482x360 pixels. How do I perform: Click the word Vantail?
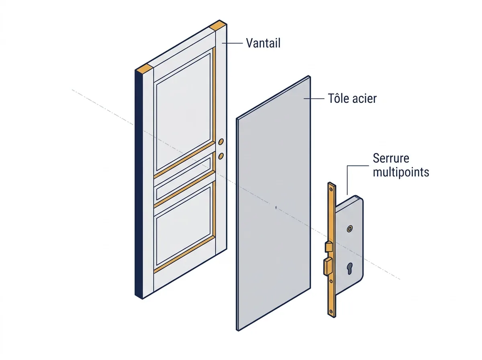click(263, 43)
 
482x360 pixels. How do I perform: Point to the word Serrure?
click(391, 158)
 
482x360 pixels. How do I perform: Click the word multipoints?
click(401, 172)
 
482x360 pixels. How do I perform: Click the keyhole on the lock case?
click(349, 268)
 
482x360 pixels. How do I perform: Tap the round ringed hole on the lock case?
click(349, 229)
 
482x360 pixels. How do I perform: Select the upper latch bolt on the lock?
click(329, 246)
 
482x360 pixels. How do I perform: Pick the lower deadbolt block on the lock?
click(328, 266)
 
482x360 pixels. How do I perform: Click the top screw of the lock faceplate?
click(331, 189)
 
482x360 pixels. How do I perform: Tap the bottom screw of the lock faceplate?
click(331, 311)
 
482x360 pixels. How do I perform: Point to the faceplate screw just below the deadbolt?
click(331, 281)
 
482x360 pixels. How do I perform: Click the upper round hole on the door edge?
click(221, 142)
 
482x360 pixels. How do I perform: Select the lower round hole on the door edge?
click(221, 156)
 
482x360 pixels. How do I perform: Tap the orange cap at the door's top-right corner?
click(218, 25)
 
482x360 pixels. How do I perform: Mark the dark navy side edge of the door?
click(139, 184)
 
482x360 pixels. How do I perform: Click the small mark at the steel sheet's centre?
click(276, 207)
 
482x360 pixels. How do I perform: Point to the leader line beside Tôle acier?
click(314, 98)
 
